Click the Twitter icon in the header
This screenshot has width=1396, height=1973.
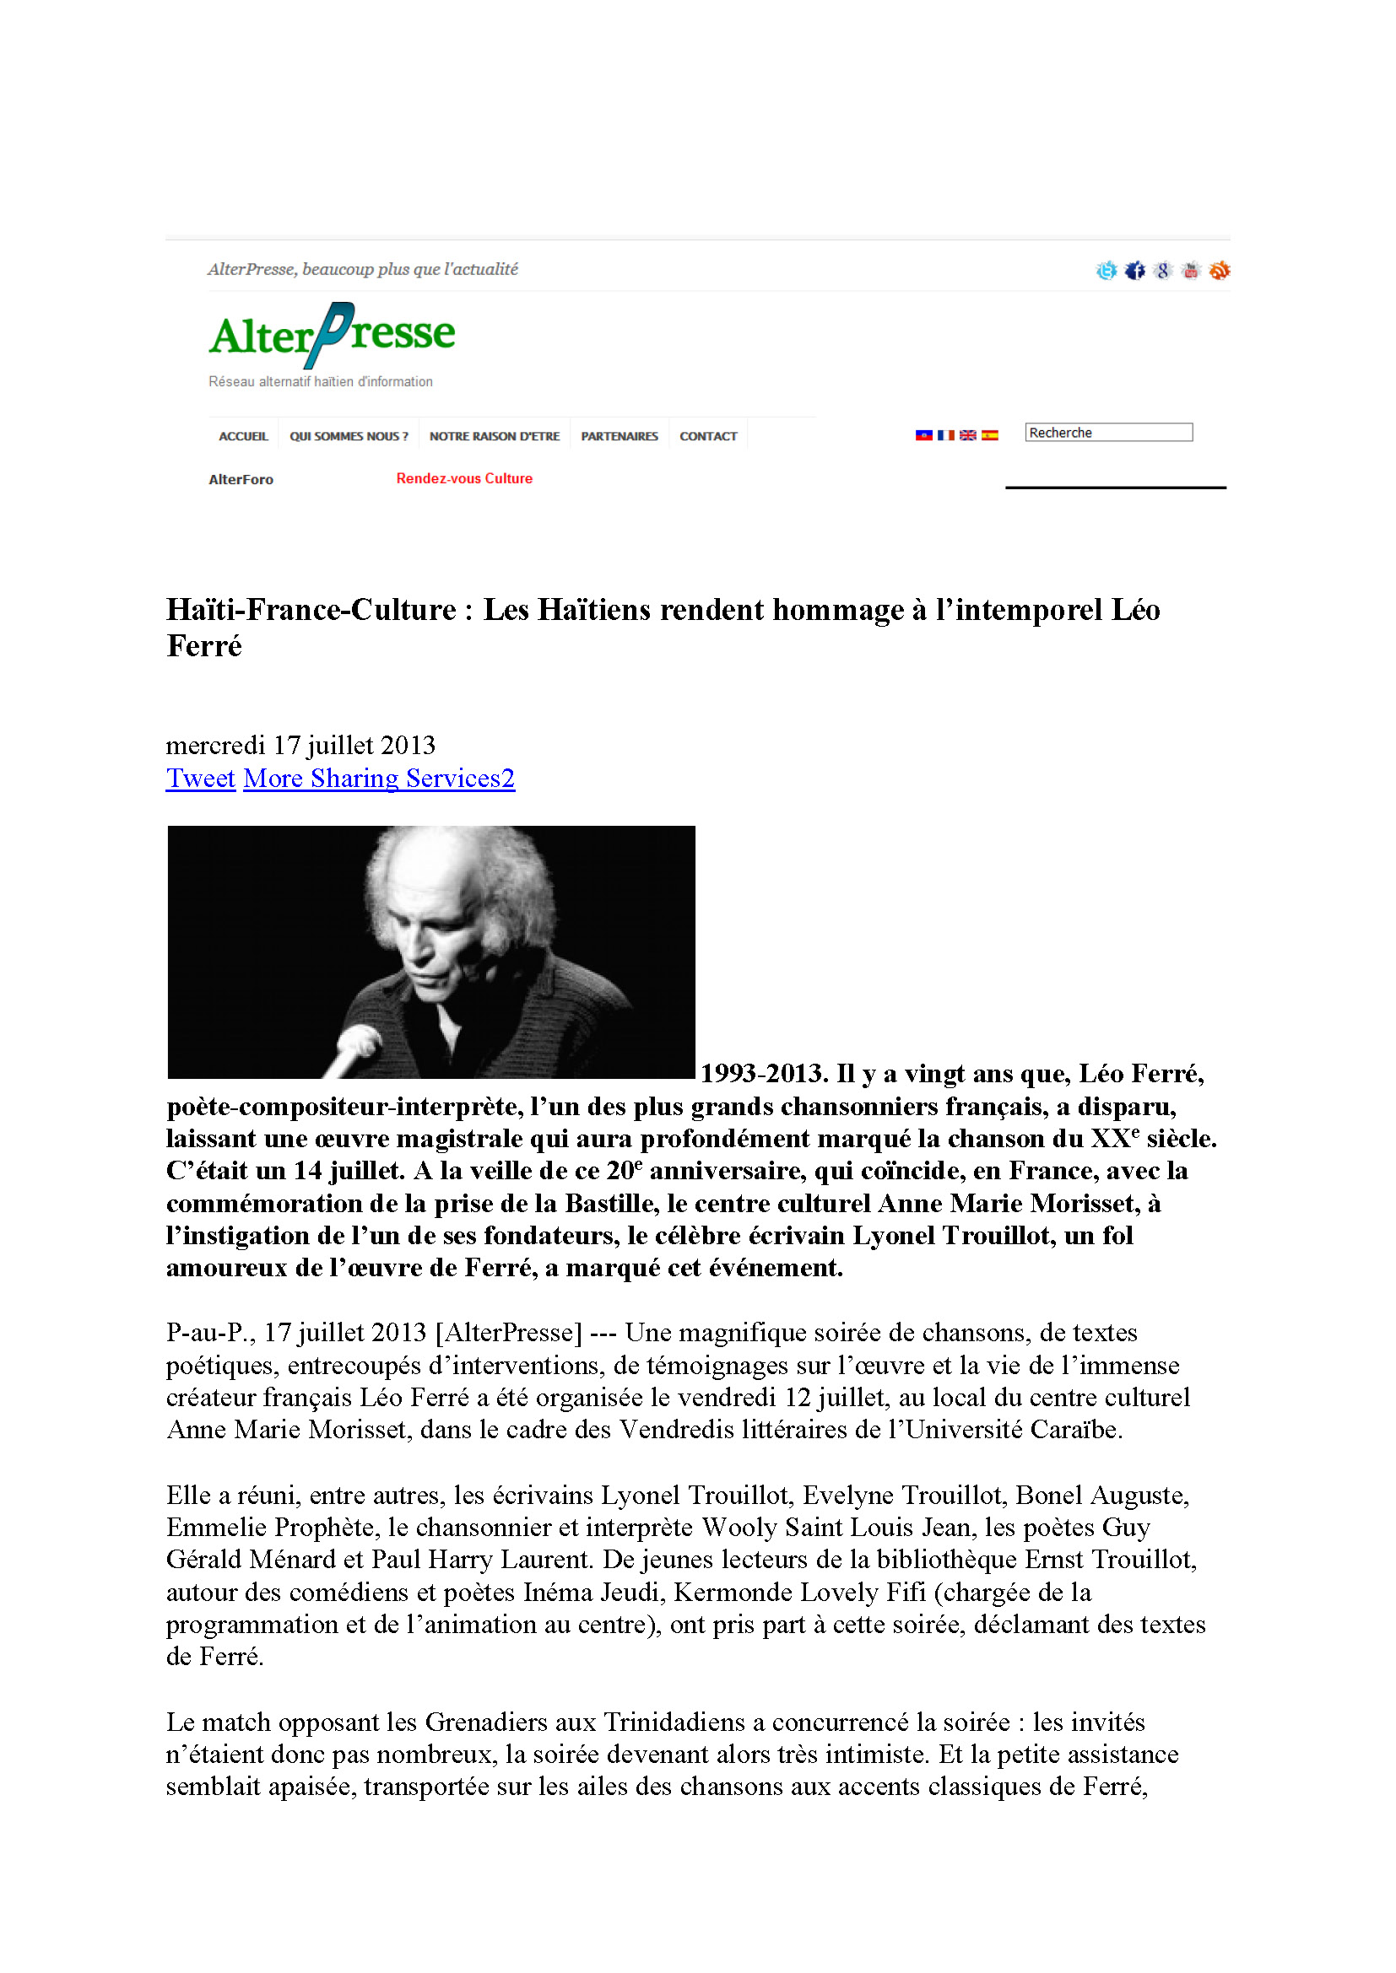(1107, 271)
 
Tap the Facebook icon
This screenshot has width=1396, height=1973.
(1134, 271)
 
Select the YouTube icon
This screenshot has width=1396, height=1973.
(1191, 271)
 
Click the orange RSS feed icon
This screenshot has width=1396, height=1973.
(1219, 271)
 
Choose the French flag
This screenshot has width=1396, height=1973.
(945, 435)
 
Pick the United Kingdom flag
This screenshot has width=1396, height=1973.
(968, 435)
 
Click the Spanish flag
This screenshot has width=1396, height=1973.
(990, 435)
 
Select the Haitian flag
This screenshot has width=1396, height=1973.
(924, 435)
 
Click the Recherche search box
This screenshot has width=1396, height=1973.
(1108, 432)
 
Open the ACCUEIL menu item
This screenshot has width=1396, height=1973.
(243, 437)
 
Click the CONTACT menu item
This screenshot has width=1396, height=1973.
(708, 437)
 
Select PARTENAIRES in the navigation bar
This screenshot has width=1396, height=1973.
(619, 437)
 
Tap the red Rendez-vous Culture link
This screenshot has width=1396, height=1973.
(464, 478)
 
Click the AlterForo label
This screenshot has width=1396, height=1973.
(241, 479)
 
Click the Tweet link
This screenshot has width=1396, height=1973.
(200, 778)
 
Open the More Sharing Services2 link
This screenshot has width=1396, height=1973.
(379, 778)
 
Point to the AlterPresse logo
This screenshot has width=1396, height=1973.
(332, 335)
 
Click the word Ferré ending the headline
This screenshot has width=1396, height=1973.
(204, 646)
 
